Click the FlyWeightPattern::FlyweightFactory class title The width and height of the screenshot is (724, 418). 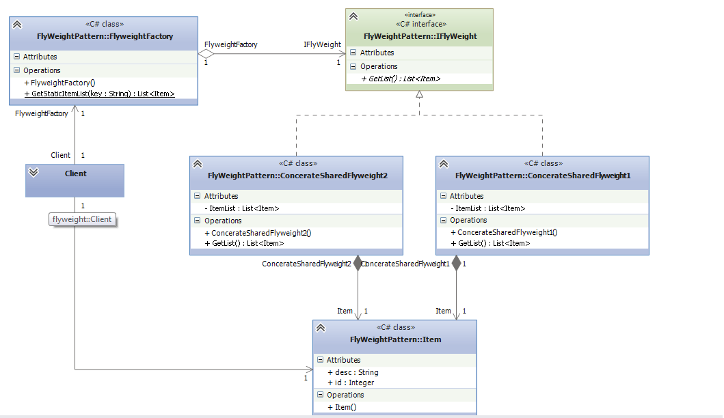[x=105, y=36]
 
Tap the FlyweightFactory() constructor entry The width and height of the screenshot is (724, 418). [x=63, y=83]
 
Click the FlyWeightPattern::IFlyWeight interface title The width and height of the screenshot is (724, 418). [x=420, y=36]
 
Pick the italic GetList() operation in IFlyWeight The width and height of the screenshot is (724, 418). [x=401, y=79]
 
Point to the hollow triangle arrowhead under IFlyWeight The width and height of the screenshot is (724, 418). [x=420, y=96]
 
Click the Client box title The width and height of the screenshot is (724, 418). [x=75, y=173]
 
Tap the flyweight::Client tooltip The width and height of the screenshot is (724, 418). [x=83, y=219]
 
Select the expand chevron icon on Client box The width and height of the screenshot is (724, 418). [x=33, y=173]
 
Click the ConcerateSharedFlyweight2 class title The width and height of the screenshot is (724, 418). [x=297, y=176]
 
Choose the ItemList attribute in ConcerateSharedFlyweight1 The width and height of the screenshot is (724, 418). [x=487, y=208]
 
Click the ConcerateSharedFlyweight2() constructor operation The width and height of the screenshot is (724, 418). [x=257, y=232]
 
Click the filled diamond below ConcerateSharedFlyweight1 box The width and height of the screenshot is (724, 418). [x=457, y=264]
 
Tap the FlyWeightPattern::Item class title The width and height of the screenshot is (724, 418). [x=395, y=339]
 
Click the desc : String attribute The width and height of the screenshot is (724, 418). [x=353, y=372]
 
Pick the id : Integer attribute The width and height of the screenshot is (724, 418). [x=351, y=382]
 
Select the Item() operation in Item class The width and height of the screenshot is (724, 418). [x=346, y=407]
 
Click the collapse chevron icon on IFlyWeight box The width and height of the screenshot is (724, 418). [x=353, y=16]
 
